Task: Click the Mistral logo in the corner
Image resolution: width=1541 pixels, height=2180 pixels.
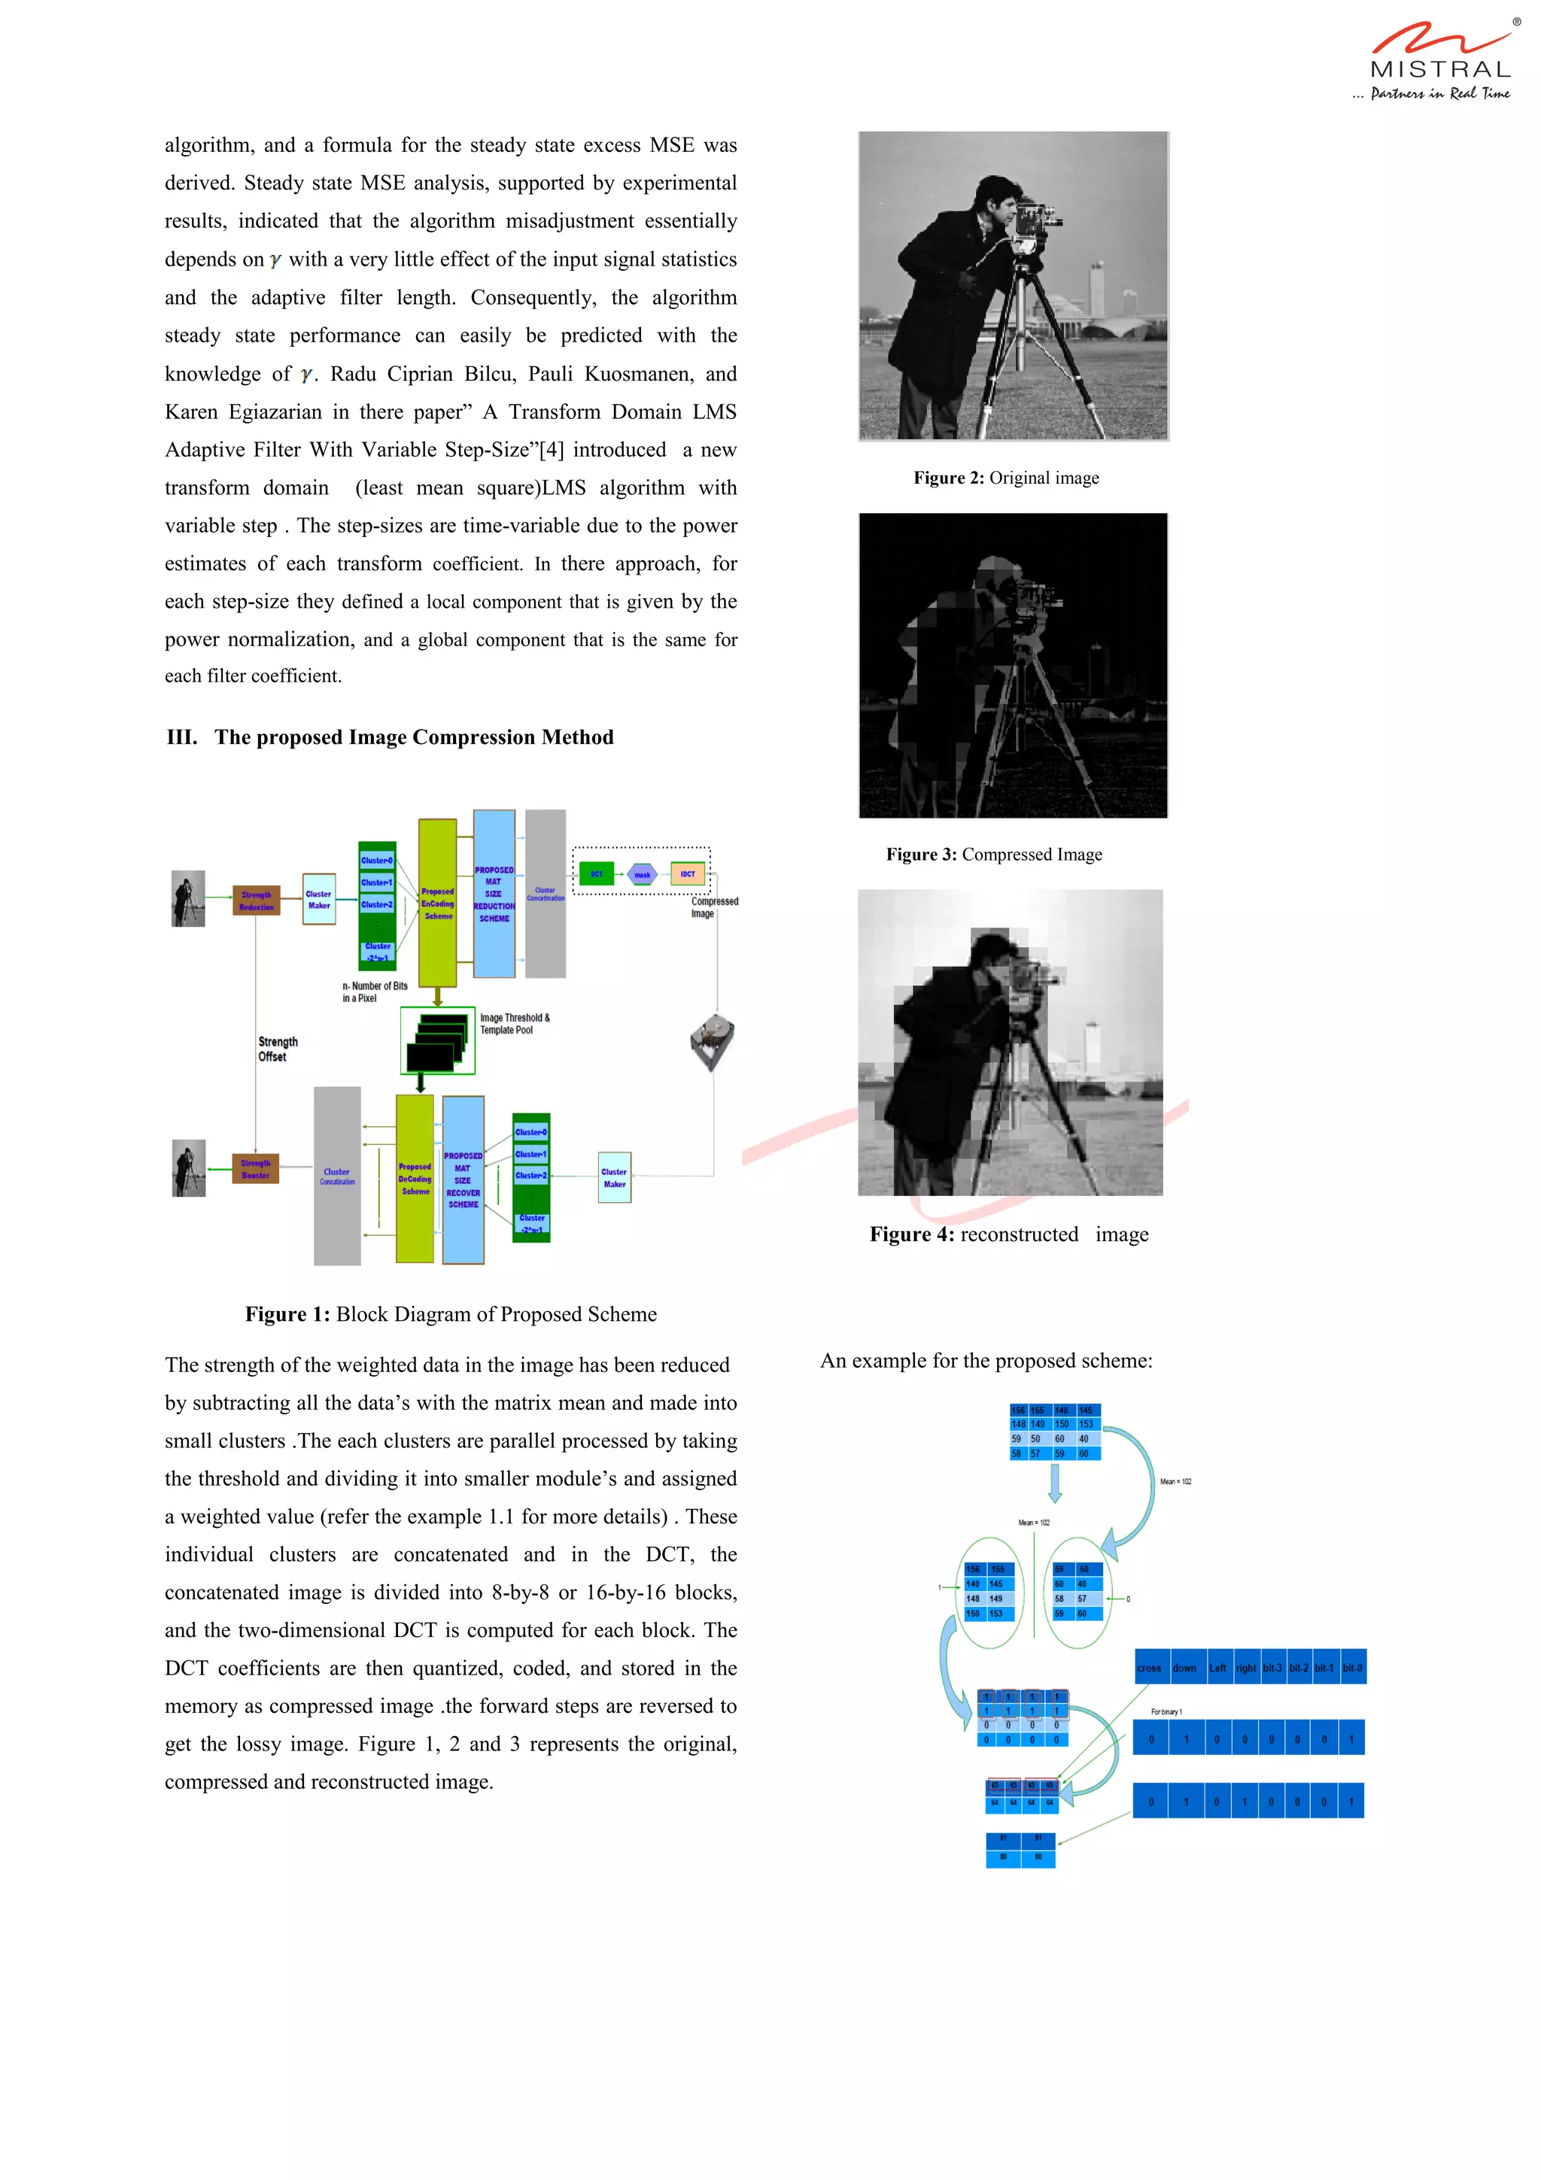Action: tap(1439, 59)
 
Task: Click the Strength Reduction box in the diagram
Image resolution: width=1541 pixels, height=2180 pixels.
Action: tap(257, 900)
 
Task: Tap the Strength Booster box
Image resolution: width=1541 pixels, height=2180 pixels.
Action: tap(255, 1169)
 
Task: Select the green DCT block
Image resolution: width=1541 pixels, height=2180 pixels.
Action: tap(596, 873)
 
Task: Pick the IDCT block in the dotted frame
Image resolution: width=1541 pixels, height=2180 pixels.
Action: tap(688, 873)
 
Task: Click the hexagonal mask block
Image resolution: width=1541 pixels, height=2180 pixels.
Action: tap(643, 874)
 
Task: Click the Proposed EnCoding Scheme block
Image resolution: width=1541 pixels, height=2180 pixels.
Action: tap(438, 903)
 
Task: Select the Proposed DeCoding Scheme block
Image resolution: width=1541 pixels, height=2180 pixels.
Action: tap(415, 1178)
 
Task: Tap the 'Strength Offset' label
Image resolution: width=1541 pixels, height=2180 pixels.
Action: tap(277, 1048)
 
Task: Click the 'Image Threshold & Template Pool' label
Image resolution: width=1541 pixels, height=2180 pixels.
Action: tap(514, 1024)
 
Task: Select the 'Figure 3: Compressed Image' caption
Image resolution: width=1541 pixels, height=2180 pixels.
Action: tap(994, 855)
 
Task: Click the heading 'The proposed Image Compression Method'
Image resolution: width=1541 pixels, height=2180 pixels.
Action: tap(413, 738)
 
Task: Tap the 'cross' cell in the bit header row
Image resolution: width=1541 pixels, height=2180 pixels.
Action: tap(1150, 1667)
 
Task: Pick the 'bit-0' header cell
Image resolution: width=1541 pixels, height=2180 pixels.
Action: tap(1352, 1667)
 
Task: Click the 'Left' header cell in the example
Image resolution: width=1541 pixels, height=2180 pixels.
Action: tap(1218, 1667)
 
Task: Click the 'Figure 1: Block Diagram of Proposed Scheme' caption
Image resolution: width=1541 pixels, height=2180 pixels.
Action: tap(450, 1314)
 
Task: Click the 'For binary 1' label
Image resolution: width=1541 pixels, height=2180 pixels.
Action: tap(1166, 1712)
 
